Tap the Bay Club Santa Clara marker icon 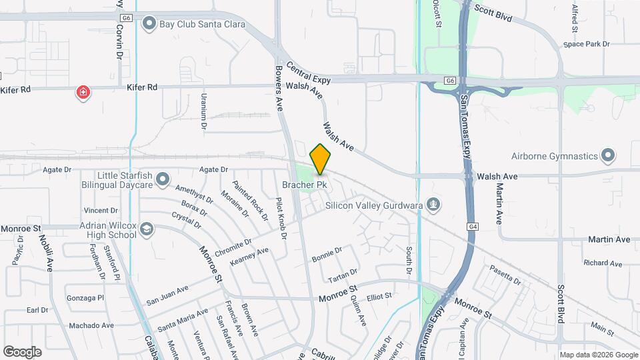click(149, 24)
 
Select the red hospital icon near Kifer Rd click(83, 92)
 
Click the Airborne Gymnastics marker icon click(607, 156)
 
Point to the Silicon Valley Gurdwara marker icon click(434, 205)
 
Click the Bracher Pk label click(304, 184)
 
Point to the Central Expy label click(309, 75)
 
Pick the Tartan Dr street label click(343, 273)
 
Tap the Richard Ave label click(603, 263)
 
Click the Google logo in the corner click(22, 351)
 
